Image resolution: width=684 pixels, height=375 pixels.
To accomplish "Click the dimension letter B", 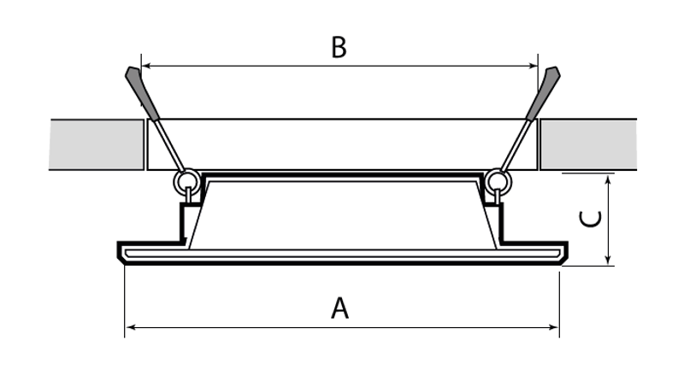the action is [339, 47].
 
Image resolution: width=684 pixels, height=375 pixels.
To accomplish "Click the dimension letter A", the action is [339, 308].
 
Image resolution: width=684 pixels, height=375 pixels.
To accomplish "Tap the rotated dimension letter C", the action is [590, 219].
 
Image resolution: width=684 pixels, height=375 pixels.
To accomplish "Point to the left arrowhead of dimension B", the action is [146, 66].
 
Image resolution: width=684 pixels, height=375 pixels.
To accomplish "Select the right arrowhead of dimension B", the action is [533, 66].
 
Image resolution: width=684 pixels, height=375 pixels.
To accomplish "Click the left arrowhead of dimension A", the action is [130, 327].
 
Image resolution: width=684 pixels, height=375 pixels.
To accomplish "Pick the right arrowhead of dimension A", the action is [554, 327].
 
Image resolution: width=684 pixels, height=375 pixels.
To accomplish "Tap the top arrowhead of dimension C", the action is [608, 179].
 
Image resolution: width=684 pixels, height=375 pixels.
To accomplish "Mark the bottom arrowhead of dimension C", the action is [608, 261].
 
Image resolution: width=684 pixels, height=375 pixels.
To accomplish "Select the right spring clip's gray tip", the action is [544, 92].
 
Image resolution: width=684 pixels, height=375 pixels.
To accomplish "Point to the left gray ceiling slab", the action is [97, 144].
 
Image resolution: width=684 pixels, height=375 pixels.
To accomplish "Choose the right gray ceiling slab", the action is [588, 144].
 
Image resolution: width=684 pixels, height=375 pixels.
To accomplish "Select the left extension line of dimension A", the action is [125, 301].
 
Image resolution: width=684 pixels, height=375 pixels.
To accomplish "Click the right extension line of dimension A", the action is [559, 304].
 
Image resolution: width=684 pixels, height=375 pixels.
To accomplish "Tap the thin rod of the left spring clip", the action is [170, 144].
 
